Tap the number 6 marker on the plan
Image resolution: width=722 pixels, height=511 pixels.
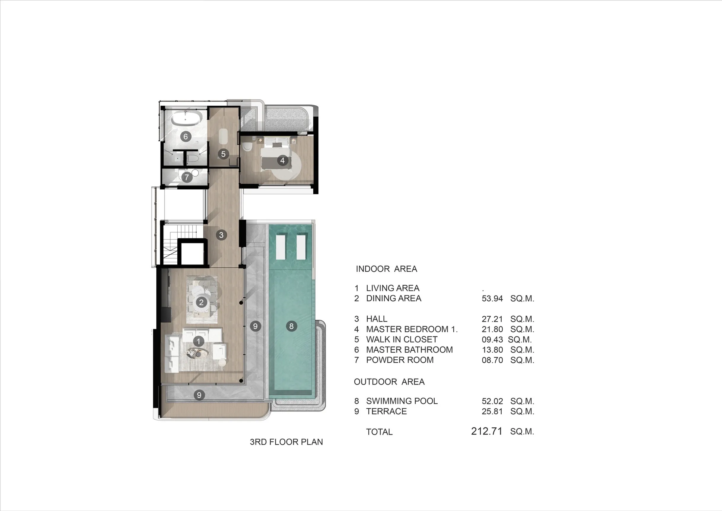point(186,137)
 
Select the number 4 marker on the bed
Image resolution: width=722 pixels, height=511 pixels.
point(282,161)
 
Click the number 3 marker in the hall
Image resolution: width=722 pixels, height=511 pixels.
point(221,235)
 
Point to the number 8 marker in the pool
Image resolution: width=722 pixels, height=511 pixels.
point(291,326)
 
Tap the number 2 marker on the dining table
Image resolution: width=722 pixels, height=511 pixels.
point(201,302)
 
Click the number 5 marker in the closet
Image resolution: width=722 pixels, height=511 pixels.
point(223,154)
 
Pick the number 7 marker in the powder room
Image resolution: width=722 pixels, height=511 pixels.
point(187,177)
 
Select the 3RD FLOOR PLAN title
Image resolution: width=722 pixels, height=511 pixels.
point(286,442)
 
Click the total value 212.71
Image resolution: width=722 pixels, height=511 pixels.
point(487,431)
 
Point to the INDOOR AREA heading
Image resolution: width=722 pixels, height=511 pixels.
point(386,269)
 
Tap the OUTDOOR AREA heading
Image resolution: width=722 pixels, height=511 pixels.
point(389,382)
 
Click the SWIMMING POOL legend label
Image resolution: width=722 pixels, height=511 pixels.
point(402,401)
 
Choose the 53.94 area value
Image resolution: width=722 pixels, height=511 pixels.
point(492,299)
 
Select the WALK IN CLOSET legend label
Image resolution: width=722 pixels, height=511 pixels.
point(402,339)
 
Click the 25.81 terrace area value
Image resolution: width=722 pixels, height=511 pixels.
point(492,412)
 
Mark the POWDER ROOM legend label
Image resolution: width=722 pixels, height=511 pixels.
point(400,360)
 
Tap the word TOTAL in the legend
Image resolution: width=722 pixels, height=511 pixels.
point(379,432)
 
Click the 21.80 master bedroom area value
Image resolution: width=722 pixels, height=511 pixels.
point(492,329)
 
